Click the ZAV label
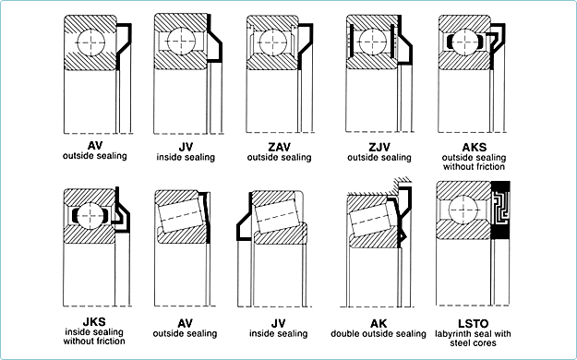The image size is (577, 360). [279, 147]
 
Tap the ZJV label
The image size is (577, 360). [379, 147]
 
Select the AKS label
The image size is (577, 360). [474, 148]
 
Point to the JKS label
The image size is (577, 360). [94, 322]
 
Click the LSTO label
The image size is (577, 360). [474, 324]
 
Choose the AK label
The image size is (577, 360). [379, 324]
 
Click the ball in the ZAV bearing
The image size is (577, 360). [273, 42]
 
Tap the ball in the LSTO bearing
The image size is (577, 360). [463, 210]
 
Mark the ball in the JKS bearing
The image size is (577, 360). [90, 216]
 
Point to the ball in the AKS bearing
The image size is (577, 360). [465, 42]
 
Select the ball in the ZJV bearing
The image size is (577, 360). [372, 42]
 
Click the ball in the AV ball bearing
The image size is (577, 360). [90, 42]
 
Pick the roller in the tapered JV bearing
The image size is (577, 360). [278, 216]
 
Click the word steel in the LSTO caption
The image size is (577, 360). [459, 343]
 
